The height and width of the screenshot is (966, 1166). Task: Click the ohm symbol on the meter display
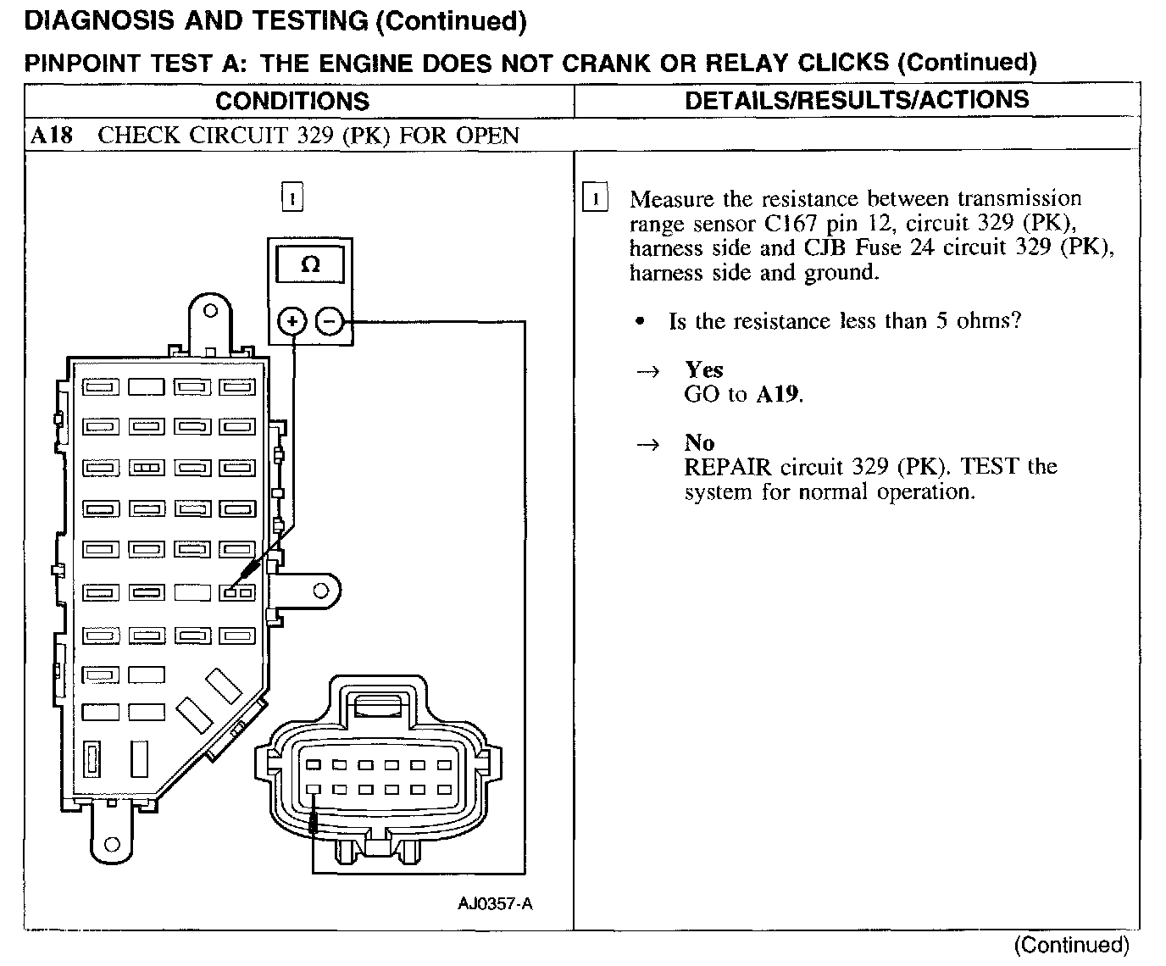pos(310,265)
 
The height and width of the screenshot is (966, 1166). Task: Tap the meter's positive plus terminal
pos(292,322)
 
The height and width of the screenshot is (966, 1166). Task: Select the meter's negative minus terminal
pos(330,322)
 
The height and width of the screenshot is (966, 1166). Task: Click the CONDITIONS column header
pos(292,102)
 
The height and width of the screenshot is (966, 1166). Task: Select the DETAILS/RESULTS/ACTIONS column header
pos(856,100)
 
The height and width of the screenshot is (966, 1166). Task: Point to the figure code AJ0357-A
pos(496,904)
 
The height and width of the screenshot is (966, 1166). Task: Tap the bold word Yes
pos(704,370)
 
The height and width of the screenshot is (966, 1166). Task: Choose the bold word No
pos(699,443)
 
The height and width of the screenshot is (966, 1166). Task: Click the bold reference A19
pos(778,395)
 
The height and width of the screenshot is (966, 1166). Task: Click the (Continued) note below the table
pos(1072,945)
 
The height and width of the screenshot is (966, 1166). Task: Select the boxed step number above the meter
pos(291,199)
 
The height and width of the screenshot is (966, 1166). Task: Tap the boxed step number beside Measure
pos(596,200)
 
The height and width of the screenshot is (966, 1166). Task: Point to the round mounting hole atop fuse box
pos(211,311)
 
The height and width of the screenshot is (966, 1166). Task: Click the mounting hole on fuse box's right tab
pos(320,590)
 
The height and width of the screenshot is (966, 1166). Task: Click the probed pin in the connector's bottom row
pos(313,790)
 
